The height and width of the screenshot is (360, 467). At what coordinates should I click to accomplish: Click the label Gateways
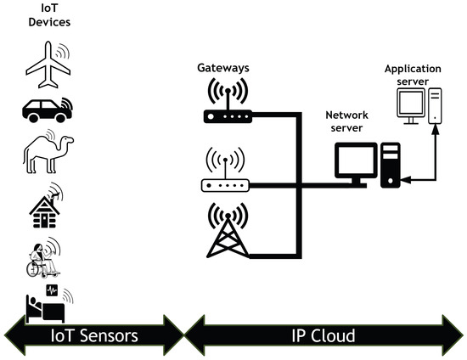[x=222, y=65]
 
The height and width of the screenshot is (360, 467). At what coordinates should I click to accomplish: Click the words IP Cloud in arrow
[x=322, y=336]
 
